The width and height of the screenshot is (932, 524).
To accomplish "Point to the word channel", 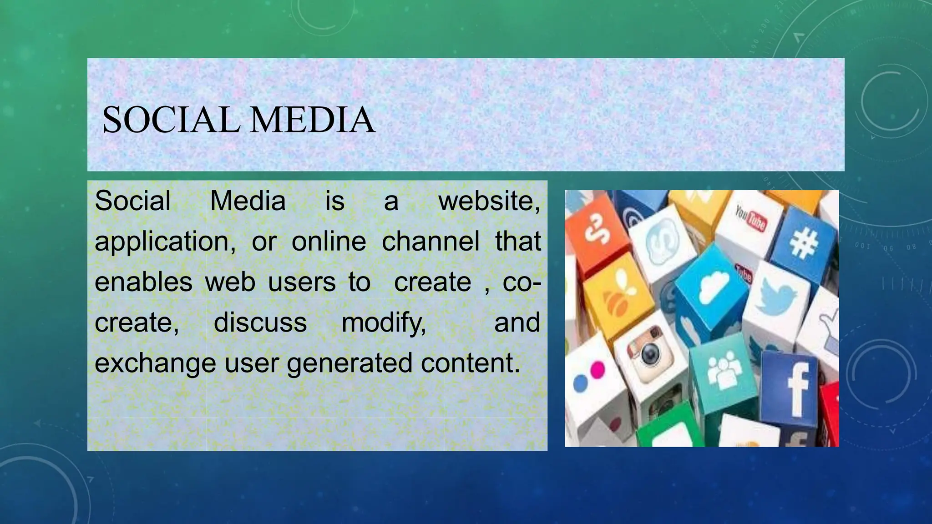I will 431,241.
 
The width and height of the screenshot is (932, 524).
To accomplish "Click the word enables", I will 143,282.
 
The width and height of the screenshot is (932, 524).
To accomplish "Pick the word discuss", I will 260,322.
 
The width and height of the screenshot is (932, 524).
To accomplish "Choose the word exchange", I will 155,363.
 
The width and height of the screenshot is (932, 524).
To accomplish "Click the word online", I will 329,241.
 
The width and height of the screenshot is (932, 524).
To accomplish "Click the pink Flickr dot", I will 597,369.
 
